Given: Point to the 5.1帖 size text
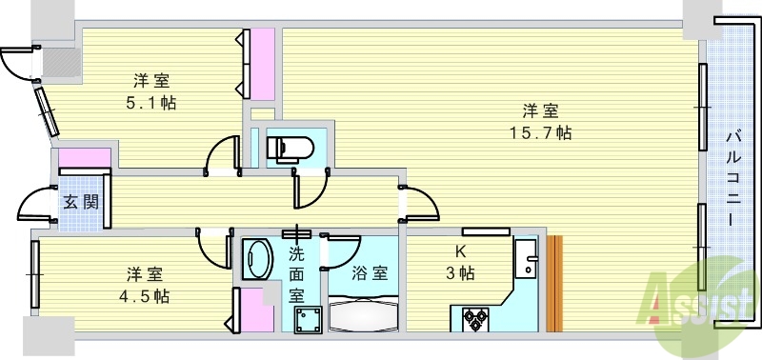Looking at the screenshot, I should [151, 102].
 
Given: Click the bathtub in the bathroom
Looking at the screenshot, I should [366, 311].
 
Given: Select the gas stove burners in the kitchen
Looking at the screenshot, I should [475, 318].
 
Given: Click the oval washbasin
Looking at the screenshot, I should [257, 259].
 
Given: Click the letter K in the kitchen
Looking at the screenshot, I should [461, 252].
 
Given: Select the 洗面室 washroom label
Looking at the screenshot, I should [297, 274].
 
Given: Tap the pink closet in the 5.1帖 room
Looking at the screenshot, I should [261, 65].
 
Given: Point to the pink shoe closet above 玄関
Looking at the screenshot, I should [84, 157].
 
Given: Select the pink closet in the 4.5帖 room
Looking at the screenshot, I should [254, 310].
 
